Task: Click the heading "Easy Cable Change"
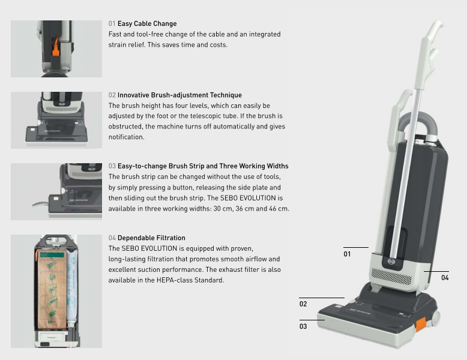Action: [147, 23]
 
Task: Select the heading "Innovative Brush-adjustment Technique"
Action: [179, 95]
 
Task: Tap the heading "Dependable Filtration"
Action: [151, 238]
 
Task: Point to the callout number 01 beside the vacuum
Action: [347, 254]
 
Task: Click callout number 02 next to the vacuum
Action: [303, 304]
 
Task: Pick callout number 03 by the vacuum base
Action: [303, 326]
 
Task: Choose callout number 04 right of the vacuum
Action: [445, 278]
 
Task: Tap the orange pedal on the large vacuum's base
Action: [421, 324]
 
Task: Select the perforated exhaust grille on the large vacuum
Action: [391, 277]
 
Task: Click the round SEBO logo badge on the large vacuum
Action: [391, 262]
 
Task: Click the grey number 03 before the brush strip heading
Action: [112, 166]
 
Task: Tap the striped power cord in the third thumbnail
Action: [40, 203]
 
